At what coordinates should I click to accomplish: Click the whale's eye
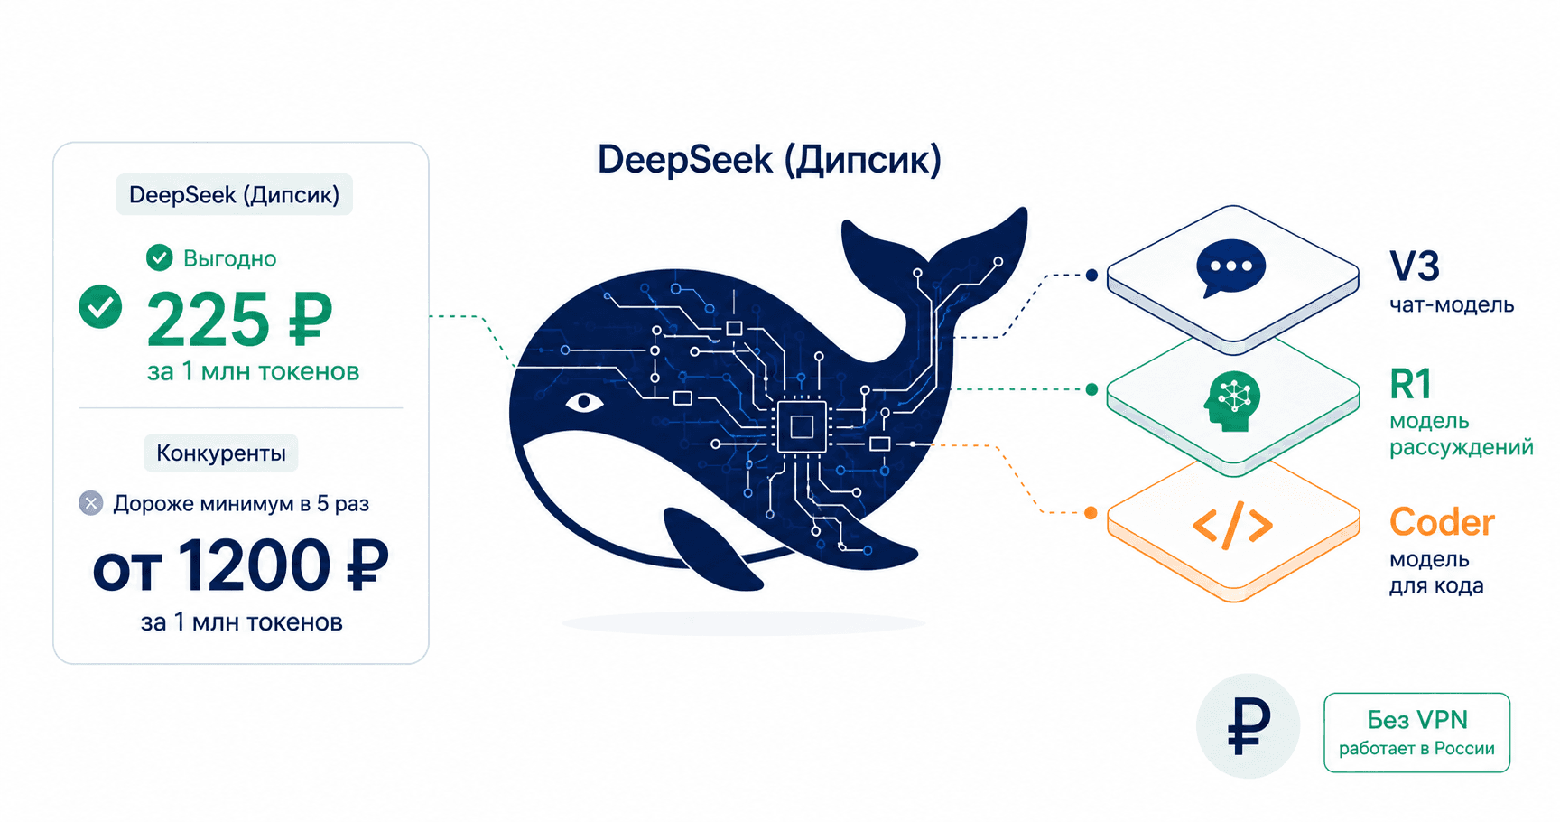584,401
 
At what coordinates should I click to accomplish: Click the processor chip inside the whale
802,425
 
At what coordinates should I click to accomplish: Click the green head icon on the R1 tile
1232,401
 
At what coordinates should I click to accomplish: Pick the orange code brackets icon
1233,526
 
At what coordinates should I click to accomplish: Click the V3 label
1415,266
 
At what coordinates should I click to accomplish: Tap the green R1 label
1411,385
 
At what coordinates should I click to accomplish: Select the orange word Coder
1442,522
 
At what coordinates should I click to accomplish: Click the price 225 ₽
240,320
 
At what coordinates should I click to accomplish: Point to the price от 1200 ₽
241,566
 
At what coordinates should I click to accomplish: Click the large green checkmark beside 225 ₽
100,306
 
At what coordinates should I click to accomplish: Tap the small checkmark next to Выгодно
160,257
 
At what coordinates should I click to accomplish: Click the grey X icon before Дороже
91,503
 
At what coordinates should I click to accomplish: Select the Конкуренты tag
221,453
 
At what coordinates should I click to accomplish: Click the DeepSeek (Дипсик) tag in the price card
235,194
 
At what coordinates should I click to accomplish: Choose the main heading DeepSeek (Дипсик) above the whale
769,160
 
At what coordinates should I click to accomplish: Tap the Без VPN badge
1416,733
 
